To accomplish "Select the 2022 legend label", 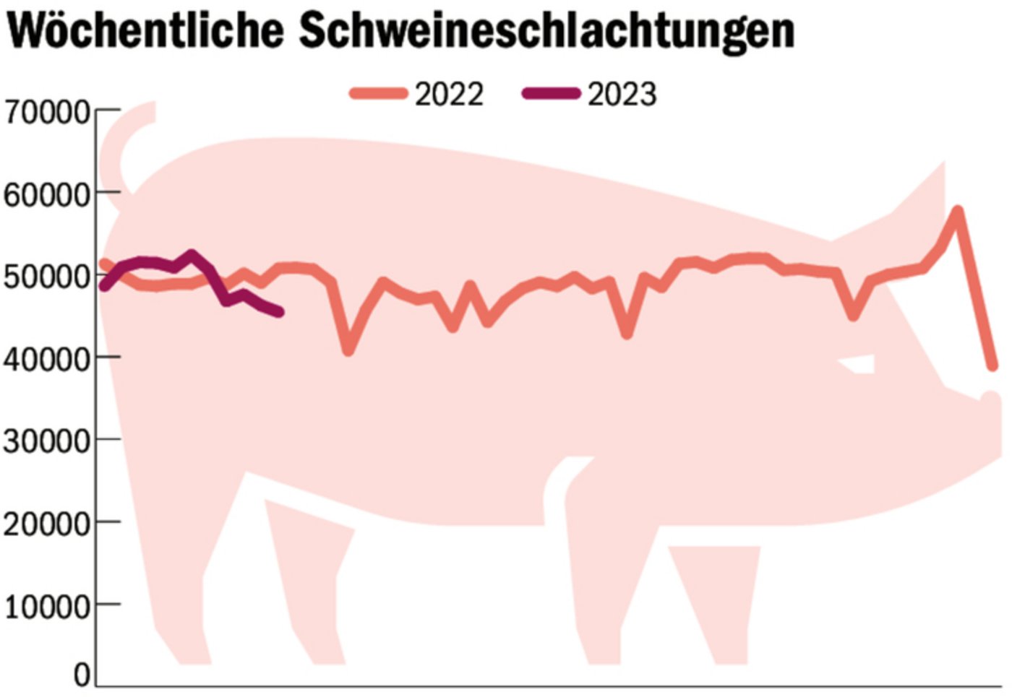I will click(x=449, y=95).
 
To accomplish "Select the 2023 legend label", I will click(x=622, y=95).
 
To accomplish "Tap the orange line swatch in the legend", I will click(x=378, y=93).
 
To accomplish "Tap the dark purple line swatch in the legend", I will click(x=551, y=93).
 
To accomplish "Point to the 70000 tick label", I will click(x=46, y=112).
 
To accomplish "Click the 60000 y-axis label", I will click(x=46, y=194).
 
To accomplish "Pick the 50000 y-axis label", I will click(x=46, y=277).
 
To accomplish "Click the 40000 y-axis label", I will click(x=46, y=359).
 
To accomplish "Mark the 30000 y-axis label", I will click(x=46, y=441).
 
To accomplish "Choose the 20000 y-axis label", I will click(x=46, y=524).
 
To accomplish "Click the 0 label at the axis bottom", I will click(x=82, y=675).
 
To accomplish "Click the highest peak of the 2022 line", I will click(x=958, y=211).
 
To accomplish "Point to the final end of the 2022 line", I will click(x=993, y=366).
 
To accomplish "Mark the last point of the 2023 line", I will click(x=279, y=312).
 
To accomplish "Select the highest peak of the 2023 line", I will click(x=192, y=255).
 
